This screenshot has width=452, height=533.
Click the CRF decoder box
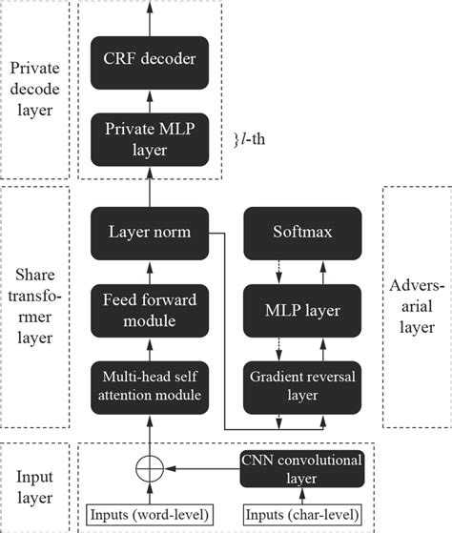[x=149, y=59]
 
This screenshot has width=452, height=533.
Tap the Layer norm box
[x=149, y=232]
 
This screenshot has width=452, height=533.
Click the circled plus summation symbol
[x=149, y=469]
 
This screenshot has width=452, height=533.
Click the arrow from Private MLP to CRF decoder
[x=149, y=100]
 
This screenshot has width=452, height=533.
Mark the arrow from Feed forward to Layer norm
[x=149, y=271]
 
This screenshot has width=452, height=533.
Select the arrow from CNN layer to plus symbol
[x=200, y=469]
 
